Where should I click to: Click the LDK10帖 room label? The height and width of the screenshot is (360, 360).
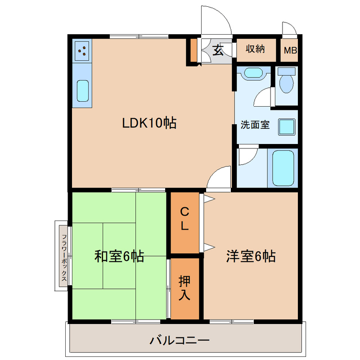pos(149,123)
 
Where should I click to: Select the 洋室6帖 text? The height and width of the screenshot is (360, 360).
pos(251,256)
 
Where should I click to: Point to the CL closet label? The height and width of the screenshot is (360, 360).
pos(184,219)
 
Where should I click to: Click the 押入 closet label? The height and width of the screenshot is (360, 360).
pos(184,288)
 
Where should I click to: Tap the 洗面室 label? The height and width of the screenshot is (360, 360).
pos(255,125)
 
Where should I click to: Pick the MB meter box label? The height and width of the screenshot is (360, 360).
pos(290,50)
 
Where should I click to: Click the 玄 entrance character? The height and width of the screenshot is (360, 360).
pos(218,50)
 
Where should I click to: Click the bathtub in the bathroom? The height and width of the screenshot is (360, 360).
pos(283,167)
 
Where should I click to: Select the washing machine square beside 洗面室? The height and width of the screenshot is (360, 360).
pos(286,127)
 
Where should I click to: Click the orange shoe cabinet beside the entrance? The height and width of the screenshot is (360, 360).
pos(193,50)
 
